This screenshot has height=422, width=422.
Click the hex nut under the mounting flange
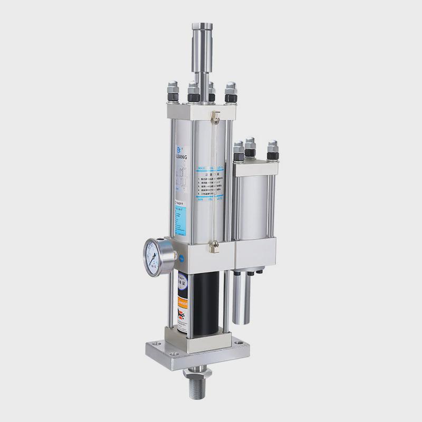tap(197, 373)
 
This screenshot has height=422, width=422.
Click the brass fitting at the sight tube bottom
tap(214, 244)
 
